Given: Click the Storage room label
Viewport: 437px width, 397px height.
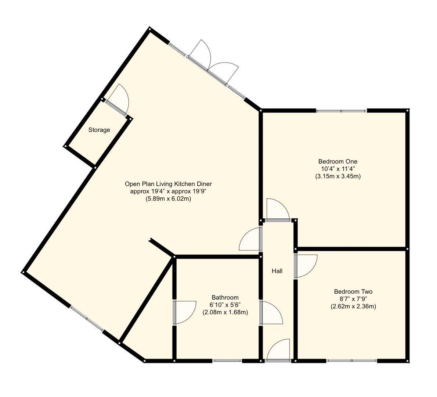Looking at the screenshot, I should click(x=99, y=130).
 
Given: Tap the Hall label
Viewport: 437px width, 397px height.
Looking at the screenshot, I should click(x=277, y=271).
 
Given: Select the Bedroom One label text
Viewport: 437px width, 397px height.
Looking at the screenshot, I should click(x=337, y=161).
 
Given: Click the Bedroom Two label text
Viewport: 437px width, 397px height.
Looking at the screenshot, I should click(x=353, y=292).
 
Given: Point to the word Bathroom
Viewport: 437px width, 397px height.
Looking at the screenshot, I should click(x=225, y=297).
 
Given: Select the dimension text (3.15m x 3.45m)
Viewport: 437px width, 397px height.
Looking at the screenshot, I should click(x=337, y=176).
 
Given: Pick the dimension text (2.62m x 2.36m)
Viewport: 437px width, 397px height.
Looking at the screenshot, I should click(x=353, y=306).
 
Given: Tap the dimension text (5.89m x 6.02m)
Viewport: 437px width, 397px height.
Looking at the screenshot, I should click(x=168, y=199).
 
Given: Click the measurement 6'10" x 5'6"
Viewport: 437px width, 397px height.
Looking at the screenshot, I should click(x=225, y=305).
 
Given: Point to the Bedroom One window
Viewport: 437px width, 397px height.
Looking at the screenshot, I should click(x=341, y=111).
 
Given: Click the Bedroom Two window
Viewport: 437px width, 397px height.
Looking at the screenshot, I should click(x=352, y=361).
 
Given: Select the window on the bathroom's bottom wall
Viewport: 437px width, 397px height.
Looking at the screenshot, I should click(x=227, y=361).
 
